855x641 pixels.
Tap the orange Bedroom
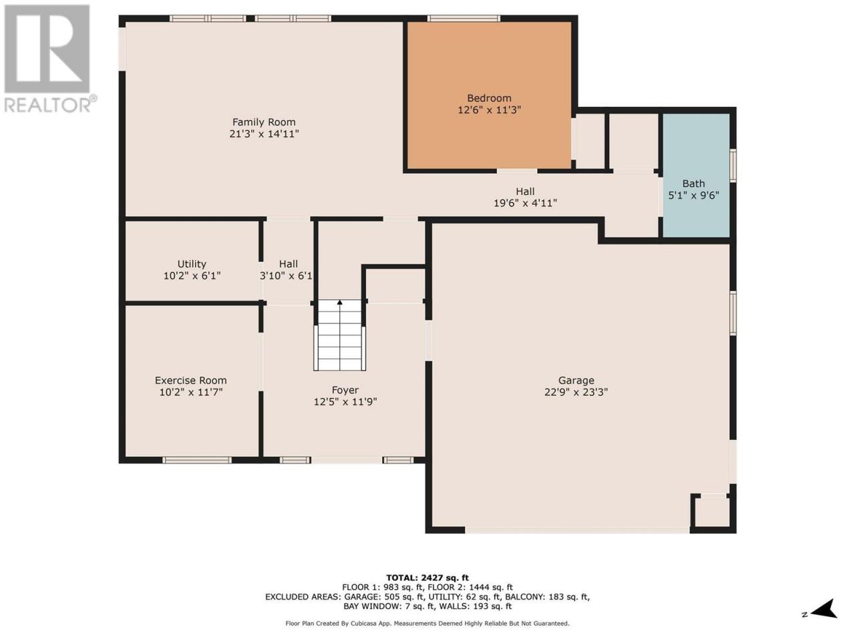click(x=489, y=95)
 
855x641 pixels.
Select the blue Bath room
click(x=695, y=175)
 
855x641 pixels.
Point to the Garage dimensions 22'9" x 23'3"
click(x=576, y=392)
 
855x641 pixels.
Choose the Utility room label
click(x=192, y=264)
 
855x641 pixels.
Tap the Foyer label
click(x=345, y=390)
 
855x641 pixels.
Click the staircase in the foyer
click(x=340, y=335)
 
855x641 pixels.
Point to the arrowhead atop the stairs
click(x=340, y=302)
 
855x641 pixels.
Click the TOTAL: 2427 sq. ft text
click(x=427, y=578)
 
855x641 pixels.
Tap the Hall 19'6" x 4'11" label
click(x=525, y=198)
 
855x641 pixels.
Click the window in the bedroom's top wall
click(x=464, y=18)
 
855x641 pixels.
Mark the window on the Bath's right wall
click(x=733, y=166)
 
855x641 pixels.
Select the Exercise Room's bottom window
click(x=197, y=460)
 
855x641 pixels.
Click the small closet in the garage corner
click(x=713, y=512)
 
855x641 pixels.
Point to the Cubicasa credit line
click(x=427, y=624)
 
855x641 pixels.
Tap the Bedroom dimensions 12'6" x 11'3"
click(x=489, y=110)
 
